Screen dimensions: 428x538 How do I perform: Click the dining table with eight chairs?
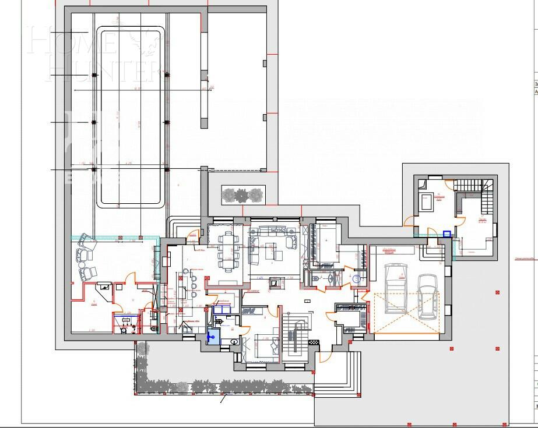click(x=228, y=250)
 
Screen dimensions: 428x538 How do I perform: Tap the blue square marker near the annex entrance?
click(x=446, y=234)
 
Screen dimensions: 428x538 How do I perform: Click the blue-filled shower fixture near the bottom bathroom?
click(x=213, y=336)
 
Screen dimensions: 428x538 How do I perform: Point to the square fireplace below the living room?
click(x=273, y=282)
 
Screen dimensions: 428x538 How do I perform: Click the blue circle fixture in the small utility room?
click(x=357, y=278)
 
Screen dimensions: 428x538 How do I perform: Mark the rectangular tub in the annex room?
click(x=427, y=204)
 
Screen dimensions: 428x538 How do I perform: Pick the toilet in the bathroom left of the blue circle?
click(x=317, y=279)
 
